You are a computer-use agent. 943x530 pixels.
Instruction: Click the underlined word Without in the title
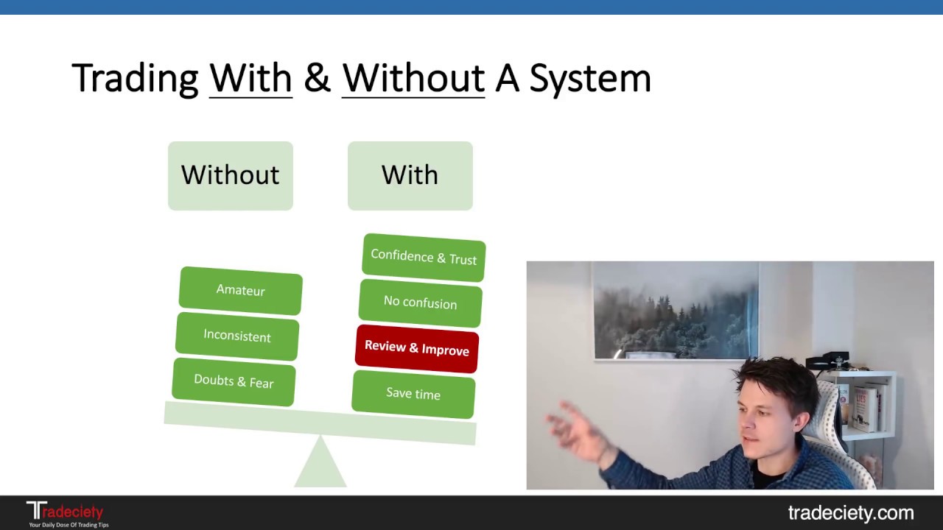[413, 79]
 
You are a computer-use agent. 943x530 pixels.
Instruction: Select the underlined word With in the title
[250, 79]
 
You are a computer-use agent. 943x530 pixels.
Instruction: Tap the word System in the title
[589, 79]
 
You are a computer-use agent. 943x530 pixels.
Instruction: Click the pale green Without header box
[231, 176]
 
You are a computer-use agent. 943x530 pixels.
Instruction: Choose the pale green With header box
[410, 176]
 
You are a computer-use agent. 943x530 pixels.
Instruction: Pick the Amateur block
[240, 290]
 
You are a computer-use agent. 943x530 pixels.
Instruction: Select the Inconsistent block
[237, 336]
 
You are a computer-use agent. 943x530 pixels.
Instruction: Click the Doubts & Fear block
[234, 381]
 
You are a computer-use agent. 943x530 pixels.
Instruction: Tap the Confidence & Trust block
[424, 257]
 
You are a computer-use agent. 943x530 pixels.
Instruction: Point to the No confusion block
[420, 303]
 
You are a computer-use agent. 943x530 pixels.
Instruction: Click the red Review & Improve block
[417, 348]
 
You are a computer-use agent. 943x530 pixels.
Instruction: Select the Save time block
[413, 394]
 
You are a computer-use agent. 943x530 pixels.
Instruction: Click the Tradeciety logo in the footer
[66, 513]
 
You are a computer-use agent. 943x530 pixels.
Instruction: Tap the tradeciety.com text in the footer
[850, 513]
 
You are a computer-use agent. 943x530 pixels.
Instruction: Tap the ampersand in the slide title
[317, 79]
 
